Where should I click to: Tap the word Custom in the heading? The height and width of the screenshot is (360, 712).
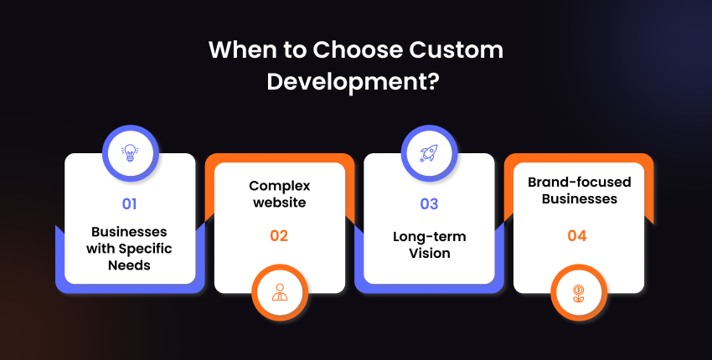click(456, 50)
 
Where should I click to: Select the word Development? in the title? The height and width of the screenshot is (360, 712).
click(353, 83)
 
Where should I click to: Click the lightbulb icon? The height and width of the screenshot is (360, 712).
click(130, 153)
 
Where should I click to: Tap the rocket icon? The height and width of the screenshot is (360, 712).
click(429, 153)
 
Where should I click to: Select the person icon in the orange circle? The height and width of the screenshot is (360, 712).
click(280, 292)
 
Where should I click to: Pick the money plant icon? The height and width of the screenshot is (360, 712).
click(579, 293)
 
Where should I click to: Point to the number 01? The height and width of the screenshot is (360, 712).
click(129, 204)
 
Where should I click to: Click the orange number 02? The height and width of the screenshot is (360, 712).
click(279, 235)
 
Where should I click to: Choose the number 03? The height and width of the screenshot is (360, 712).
click(429, 204)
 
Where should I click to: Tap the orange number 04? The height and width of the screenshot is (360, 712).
click(577, 235)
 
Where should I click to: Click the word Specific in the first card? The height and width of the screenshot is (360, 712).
click(146, 249)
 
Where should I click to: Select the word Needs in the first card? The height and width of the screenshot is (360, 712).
click(129, 265)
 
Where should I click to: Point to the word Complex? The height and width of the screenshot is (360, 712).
click(280, 186)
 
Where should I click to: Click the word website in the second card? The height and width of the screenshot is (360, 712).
click(280, 202)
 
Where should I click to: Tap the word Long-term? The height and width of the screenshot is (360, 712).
click(430, 237)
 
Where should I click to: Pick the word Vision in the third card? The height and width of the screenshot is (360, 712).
click(430, 253)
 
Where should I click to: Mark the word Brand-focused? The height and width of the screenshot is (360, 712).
click(580, 182)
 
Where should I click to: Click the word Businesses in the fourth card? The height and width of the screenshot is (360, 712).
click(580, 198)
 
